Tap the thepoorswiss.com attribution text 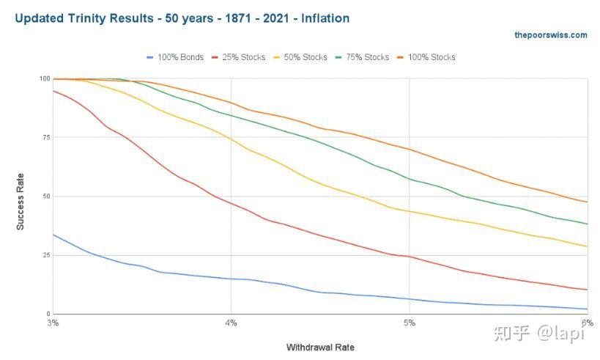click(x=550, y=34)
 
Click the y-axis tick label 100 click(x=45, y=79)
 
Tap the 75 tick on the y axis click(x=47, y=138)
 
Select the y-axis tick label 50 click(x=47, y=196)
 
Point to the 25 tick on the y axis click(x=47, y=255)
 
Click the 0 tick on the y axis click(x=48, y=314)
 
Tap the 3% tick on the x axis click(x=53, y=323)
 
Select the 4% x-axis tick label click(x=231, y=323)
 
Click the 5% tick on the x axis click(x=409, y=323)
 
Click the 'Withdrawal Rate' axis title click(x=320, y=346)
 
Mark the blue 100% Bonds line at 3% click(x=53, y=235)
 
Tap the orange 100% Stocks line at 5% click(x=409, y=150)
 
